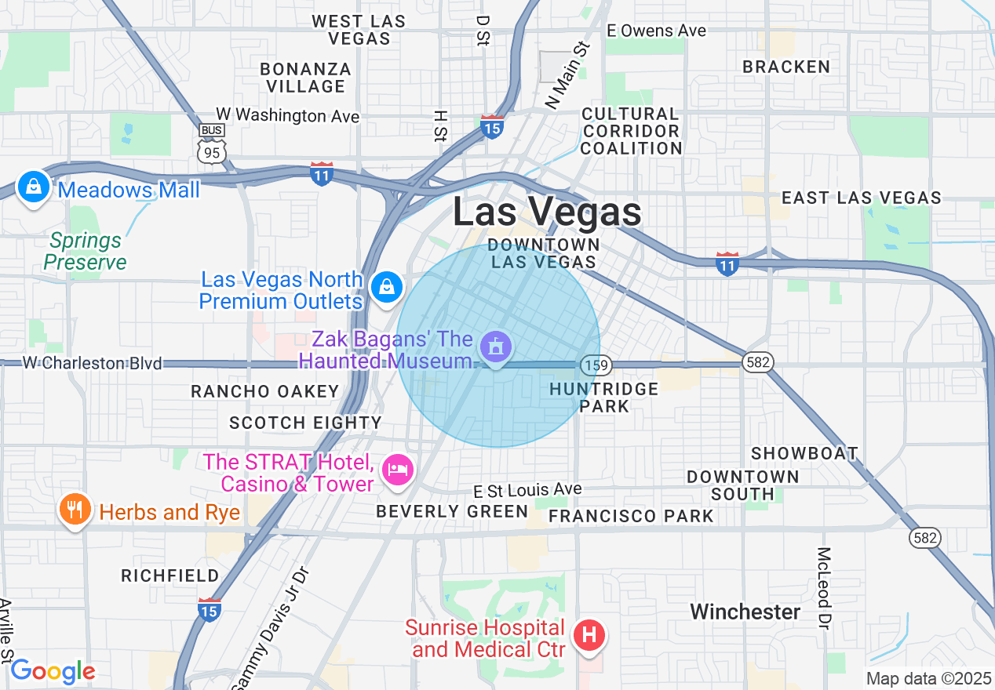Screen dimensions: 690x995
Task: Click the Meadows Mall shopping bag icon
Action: coord(33,187)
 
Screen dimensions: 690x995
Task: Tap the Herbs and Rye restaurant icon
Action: coord(75,510)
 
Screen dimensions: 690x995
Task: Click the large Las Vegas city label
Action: coord(547,212)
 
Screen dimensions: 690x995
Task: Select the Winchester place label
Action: coord(745,612)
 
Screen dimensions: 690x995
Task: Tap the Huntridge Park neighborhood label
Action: coord(603,398)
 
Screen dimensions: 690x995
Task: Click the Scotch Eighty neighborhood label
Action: coord(305,423)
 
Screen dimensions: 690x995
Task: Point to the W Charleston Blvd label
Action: coord(92,363)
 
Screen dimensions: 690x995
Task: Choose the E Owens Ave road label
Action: coord(656,31)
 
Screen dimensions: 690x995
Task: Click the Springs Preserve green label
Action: coord(85,251)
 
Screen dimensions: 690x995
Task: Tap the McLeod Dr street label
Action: coord(823,588)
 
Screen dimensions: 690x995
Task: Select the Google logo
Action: coord(53,672)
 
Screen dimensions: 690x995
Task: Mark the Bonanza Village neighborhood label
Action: coord(305,78)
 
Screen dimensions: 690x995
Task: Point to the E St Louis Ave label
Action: coord(527,490)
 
